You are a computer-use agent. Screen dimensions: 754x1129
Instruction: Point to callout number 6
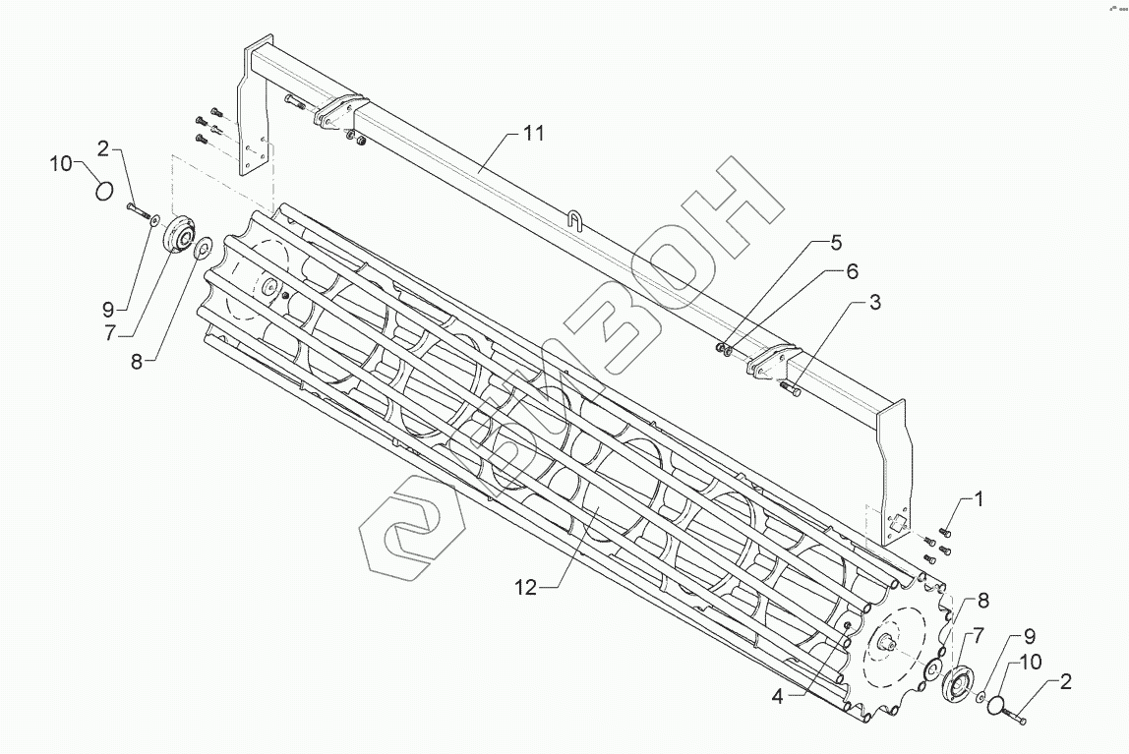tap(852, 270)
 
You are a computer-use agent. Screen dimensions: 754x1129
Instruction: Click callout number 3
tap(873, 303)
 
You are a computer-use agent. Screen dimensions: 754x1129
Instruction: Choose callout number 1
tap(978, 498)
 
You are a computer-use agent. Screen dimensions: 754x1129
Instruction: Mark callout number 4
tap(777, 698)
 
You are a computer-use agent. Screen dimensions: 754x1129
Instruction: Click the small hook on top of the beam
tap(577, 217)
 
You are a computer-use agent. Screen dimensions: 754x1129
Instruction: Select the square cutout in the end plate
tap(894, 524)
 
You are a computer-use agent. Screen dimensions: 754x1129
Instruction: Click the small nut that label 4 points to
tap(847, 625)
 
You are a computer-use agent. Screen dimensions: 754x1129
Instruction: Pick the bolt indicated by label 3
tap(790, 390)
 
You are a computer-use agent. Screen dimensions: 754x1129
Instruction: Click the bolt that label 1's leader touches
tap(946, 532)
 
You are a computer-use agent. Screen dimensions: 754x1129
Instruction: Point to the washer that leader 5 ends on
tap(719, 345)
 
